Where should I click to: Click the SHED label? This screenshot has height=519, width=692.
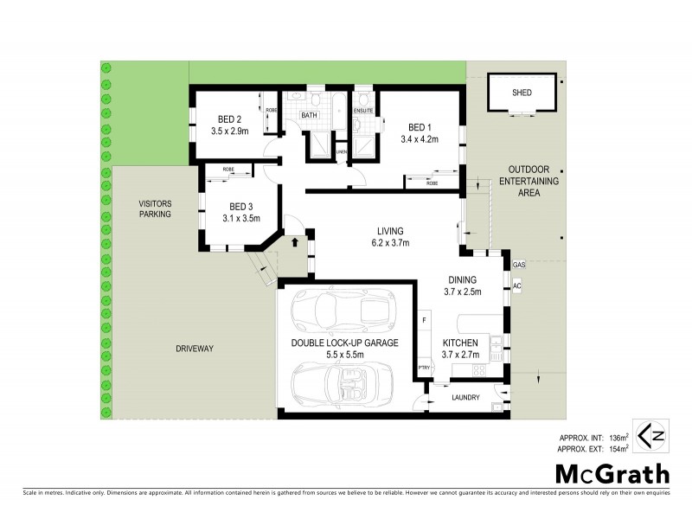point(522,93)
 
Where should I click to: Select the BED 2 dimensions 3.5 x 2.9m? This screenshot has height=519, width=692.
point(229,131)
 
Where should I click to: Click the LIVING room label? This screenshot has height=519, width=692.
point(391,230)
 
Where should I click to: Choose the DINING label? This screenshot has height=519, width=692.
point(463,279)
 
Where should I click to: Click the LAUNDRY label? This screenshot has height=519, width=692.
point(466,398)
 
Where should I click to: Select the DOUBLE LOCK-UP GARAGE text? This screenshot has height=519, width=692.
point(344,343)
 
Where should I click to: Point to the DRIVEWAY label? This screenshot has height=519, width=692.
point(194,349)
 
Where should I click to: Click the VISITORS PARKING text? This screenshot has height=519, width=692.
point(157,208)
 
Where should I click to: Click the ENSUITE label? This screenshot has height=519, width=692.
point(363,110)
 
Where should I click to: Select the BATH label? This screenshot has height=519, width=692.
point(309,115)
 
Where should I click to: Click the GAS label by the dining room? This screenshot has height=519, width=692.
point(519,264)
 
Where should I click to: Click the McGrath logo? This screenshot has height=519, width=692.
point(612,474)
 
